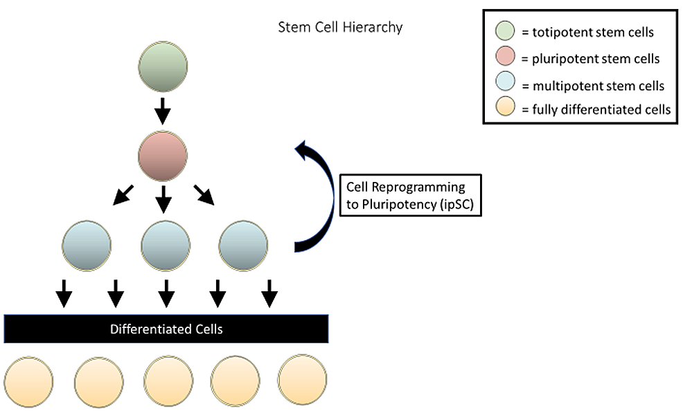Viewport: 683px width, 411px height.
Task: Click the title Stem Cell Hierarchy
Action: [x=340, y=28]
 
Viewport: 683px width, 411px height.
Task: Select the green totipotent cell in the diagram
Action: [x=163, y=67]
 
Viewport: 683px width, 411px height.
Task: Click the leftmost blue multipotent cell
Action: [x=87, y=244]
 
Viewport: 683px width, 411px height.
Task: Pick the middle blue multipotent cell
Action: [x=165, y=244]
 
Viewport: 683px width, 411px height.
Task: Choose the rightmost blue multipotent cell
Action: [x=243, y=244]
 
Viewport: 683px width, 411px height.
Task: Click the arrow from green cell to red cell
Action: [x=163, y=110]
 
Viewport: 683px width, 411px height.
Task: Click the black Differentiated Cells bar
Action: [x=166, y=329]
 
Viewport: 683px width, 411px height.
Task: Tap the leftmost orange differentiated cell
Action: [x=28, y=381]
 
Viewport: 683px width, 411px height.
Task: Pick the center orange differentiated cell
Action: [x=168, y=381]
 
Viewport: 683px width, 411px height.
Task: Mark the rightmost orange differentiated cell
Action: [x=302, y=380]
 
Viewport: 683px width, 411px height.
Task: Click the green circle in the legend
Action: [x=504, y=32]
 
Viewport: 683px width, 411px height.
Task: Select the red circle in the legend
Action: [x=504, y=58]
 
